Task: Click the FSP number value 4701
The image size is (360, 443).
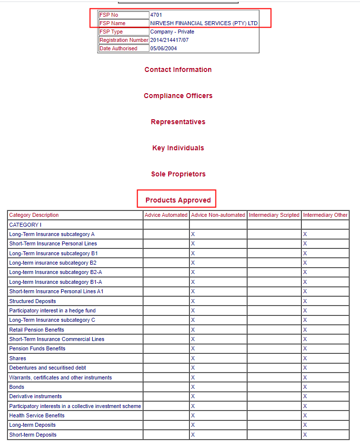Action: tap(156, 15)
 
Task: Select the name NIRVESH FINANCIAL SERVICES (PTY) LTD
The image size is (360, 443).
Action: tap(204, 23)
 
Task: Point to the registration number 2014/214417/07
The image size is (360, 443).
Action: tap(169, 40)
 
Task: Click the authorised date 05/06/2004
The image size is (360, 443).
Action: tap(163, 48)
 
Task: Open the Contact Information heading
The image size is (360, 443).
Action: tap(178, 69)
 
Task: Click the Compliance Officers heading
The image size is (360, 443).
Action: tap(178, 96)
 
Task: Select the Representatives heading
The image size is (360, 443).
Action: tap(178, 122)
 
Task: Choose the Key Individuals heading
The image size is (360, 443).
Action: tap(178, 148)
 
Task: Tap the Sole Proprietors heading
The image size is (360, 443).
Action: tap(178, 174)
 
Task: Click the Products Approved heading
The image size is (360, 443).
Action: tap(178, 200)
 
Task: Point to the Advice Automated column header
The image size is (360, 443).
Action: tap(166, 215)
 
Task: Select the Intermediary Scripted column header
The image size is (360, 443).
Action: tap(274, 215)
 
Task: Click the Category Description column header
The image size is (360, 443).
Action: tap(34, 215)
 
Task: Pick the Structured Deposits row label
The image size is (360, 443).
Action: tap(33, 301)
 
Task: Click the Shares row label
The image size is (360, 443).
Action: tap(18, 358)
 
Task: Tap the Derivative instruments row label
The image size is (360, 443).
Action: tap(36, 396)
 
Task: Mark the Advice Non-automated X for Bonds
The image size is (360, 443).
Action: tap(193, 387)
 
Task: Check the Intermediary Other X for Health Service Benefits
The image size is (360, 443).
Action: tap(305, 415)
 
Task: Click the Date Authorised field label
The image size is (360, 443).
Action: tap(118, 48)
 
